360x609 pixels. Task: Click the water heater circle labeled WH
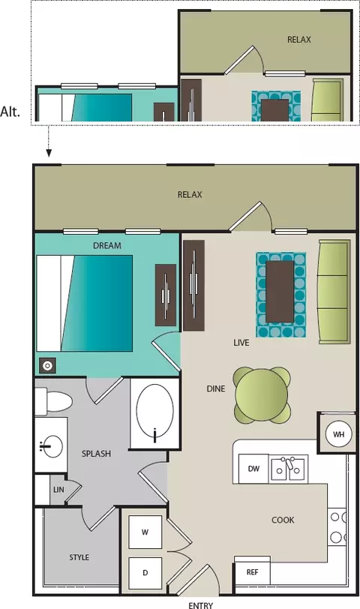point(338,433)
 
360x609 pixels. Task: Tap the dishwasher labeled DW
point(253,469)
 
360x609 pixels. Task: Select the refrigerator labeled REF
point(253,571)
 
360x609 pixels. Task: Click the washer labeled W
point(145,532)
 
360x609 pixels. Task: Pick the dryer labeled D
point(145,572)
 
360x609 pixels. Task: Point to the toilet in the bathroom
point(53,401)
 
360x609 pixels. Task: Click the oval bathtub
point(155,414)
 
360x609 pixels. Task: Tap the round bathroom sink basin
point(51,446)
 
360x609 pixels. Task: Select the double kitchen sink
point(289,469)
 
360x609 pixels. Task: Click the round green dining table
point(262,395)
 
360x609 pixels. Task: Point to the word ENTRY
point(201,605)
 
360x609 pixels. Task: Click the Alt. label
point(10,112)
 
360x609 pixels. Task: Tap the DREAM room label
point(107,245)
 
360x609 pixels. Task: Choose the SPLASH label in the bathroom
point(96,453)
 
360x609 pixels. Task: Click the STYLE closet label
point(79,557)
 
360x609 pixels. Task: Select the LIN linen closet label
point(58,490)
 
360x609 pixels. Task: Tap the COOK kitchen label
point(283,520)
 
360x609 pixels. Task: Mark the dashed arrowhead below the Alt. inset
point(49,153)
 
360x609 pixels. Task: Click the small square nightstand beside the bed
point(47,365)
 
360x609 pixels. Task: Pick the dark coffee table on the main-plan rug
point(280,291)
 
